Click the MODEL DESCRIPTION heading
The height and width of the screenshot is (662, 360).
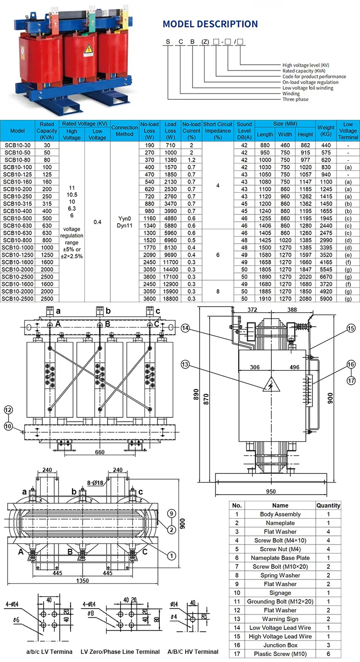210,24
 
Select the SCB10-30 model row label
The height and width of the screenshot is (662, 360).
18,145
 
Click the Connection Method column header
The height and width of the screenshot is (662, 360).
124,130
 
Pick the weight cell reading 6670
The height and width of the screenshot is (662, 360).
325,277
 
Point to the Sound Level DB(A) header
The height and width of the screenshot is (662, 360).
244,130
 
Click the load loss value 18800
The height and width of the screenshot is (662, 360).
170,299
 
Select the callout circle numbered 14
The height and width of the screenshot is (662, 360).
186,328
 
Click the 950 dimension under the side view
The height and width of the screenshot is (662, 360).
271,492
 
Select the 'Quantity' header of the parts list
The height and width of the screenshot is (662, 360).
328,505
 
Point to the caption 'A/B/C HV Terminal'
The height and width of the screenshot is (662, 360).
193,651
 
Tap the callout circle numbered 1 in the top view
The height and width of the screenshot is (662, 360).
171,556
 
